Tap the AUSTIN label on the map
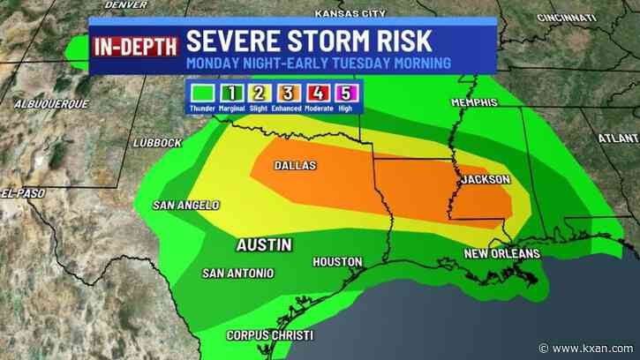pos(264,244)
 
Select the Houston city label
pos(337,262)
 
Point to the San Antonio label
pos(238,273)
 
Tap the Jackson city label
pos(485,180)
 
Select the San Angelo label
pos(186,206)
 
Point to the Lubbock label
pos(156,142)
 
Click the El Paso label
pos(23,192)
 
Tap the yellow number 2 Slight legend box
pos(259,92)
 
